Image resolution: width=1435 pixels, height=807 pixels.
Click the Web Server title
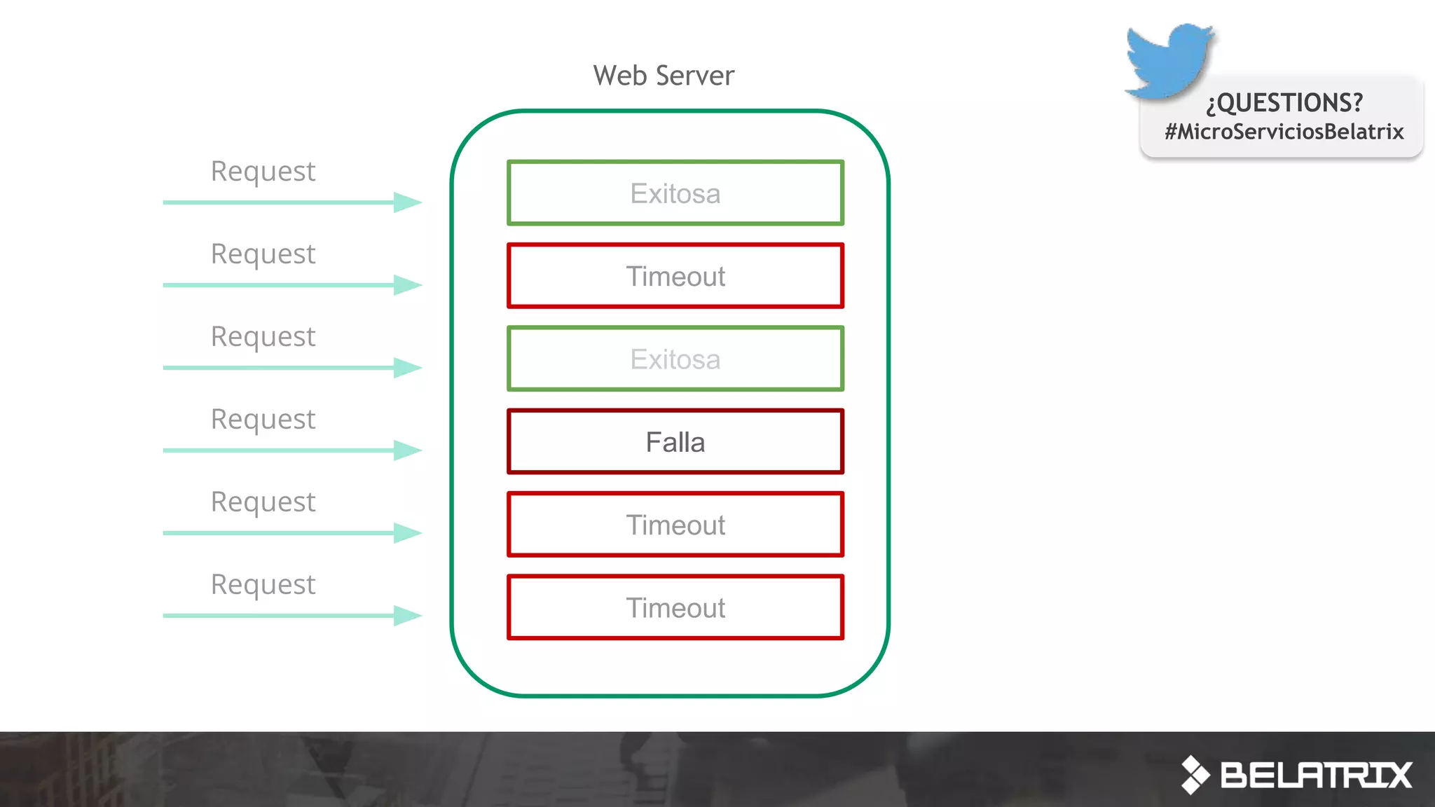[x=664, y=76]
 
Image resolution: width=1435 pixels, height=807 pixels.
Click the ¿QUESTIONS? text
[x=1284, y=103]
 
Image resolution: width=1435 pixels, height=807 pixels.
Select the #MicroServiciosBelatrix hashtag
[x=1284, y=132]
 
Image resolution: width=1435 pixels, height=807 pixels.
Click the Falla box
[x=675, y=442]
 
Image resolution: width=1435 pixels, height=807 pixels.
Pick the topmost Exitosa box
[x=675, y=193]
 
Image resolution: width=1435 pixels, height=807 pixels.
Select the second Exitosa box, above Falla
[x=675, y=359]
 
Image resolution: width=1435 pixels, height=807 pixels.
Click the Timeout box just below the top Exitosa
[x=675, y=276]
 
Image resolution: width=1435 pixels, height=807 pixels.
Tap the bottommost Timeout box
[x=675, y=607]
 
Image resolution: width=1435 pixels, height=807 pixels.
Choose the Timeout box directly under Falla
[x=675, y=525]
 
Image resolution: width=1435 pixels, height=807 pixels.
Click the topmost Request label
[x=263, y=172]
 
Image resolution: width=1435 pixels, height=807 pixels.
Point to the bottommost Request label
[x=263, y=585]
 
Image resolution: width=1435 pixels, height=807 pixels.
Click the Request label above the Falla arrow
[x=263, y=420]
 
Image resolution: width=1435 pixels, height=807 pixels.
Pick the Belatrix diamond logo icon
[x=1195, y=775]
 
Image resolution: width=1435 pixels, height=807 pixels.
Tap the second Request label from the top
[x=263, y=254]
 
